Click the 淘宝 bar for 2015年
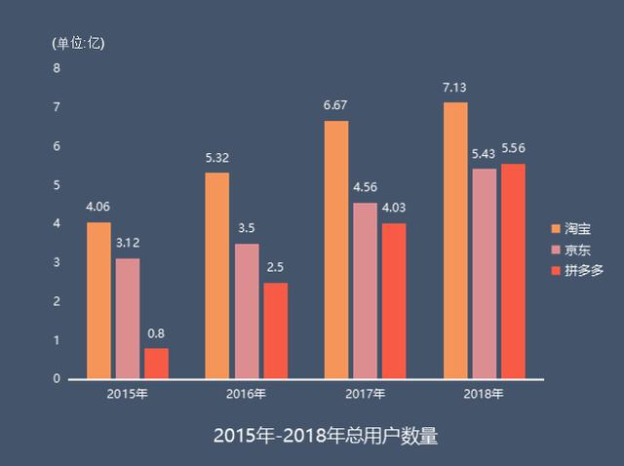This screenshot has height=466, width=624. click(98, 300)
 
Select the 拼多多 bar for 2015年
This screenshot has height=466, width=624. click(156, 363)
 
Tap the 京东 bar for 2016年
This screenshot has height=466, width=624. click(247, 311)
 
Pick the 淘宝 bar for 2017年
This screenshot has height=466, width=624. click(336, 250)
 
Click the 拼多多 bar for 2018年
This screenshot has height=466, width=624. click(513, 271)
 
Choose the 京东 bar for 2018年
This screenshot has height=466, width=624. click(484, 274)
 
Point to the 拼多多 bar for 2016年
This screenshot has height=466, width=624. click(276, 330)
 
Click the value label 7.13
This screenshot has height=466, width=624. click(454, 88)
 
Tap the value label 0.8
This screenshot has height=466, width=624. click(156, 333)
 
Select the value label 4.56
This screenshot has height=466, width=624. click(365, 187)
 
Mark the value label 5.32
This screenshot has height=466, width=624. click(216, 158)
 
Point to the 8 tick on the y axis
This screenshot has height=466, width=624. click(57, 68)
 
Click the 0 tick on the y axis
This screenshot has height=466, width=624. click(57, 379)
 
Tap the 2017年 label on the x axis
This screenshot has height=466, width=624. click(365, 395)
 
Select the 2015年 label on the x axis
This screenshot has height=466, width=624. click(128, 395)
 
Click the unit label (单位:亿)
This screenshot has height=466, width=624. click(78, 43)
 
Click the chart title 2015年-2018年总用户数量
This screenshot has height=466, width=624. click(312, 435)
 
